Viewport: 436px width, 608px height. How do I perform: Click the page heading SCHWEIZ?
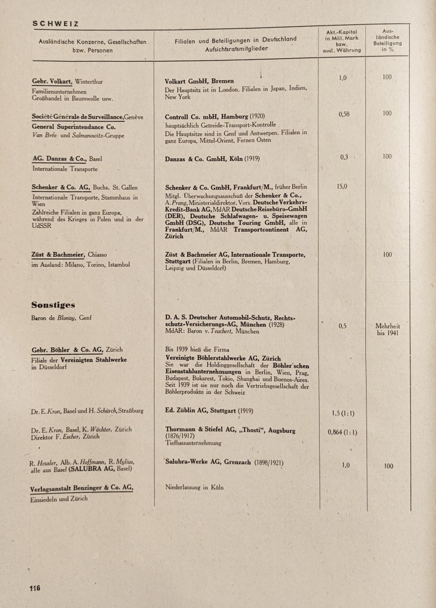coord(55,24)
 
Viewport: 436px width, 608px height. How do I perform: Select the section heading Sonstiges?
coord(53,305)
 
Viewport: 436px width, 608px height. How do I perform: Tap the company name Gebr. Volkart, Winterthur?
coord(68,81)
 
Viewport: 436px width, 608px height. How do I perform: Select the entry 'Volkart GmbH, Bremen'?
coord(199,81)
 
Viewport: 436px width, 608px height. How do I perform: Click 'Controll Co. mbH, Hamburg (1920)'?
coord(215,116)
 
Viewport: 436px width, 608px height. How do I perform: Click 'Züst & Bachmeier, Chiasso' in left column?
coord(69,254)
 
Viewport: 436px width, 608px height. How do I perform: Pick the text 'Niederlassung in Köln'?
coord(194,487)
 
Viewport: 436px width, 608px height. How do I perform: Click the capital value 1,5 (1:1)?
coord(343,412)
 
